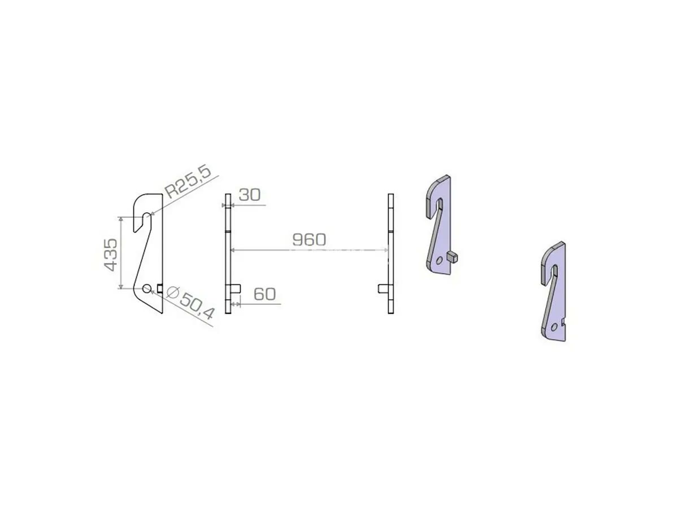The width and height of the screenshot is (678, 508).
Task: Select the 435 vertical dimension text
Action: click(111, 255)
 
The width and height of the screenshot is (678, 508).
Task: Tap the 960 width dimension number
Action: click(309, 240)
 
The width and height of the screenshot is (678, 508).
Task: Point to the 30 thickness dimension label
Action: click(250, 195)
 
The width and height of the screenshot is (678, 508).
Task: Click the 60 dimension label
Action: click(265, 294)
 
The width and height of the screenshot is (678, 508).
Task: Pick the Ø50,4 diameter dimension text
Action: click(191, 303)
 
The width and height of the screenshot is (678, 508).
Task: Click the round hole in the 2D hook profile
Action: click(147, 288)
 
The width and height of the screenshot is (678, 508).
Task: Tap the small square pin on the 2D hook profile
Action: click(160, 288)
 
